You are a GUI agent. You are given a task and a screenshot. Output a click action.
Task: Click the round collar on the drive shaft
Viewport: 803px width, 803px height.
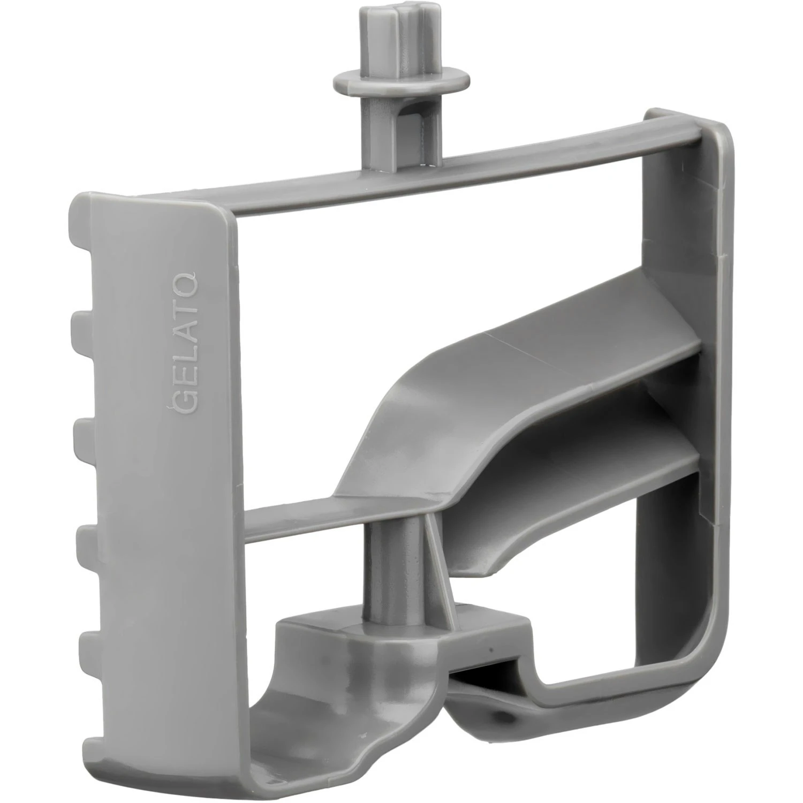tap(401, 81)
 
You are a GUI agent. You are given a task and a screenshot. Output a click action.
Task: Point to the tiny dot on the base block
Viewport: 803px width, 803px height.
tap(490, 649)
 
